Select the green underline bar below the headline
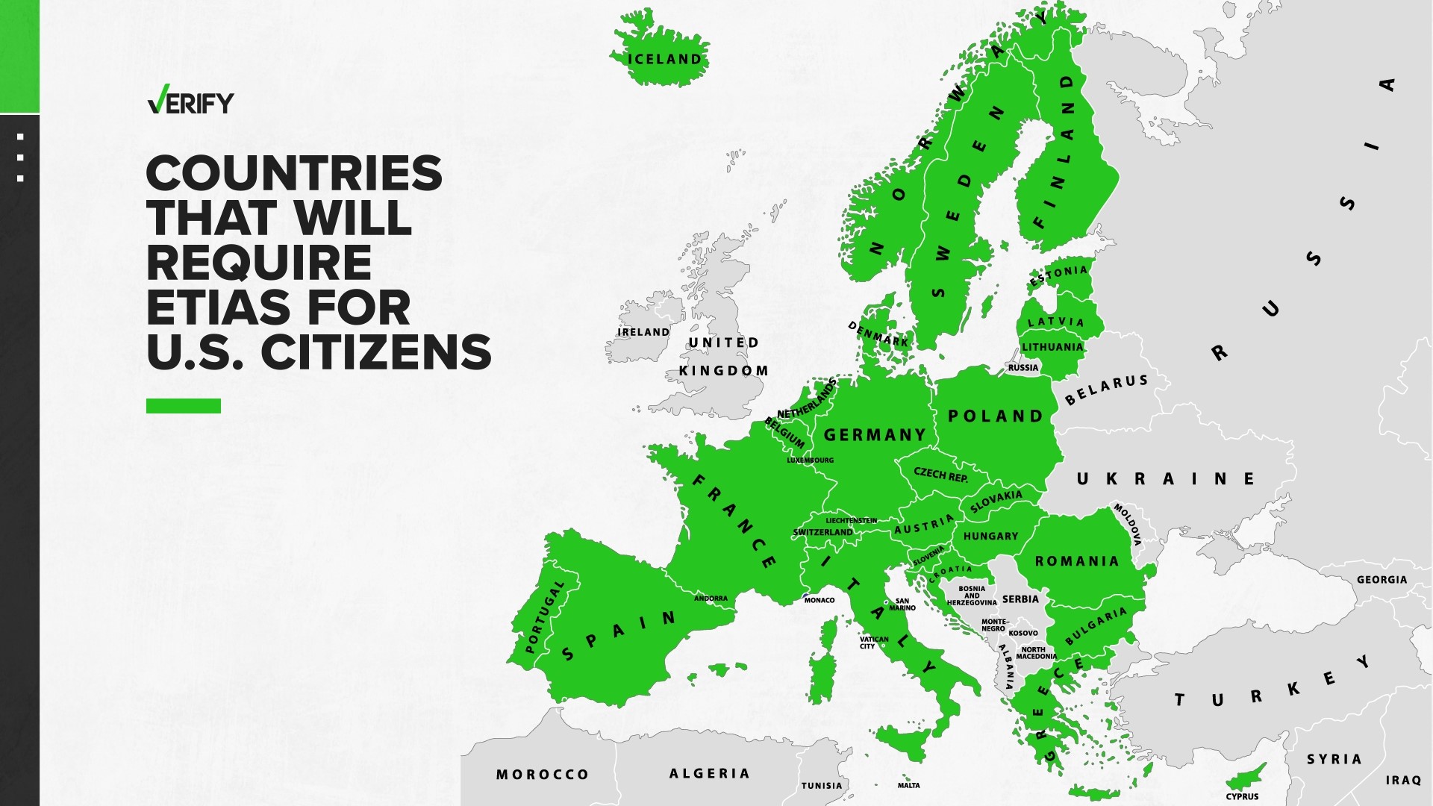(x=184, y=406)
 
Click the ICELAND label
(x=664, y=60)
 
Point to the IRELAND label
(x=643, y=332)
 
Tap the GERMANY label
(x=875, y=435)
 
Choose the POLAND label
(x=996, y=416)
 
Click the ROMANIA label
(x=1077, y=561)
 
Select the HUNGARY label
(x=990, y=537)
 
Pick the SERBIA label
(x=1020, y=599)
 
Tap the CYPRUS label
(x=1242, y=796)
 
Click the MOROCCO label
(x=543, y=775)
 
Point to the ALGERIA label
(x=709, y=774)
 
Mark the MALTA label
(x=908, y=785)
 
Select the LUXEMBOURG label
(x=810, y=460)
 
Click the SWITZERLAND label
(x=822, y=532)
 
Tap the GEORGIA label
(x=1382, y=580)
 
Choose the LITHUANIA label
(x=1052, y=347)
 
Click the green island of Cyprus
(x=1248, y=778)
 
